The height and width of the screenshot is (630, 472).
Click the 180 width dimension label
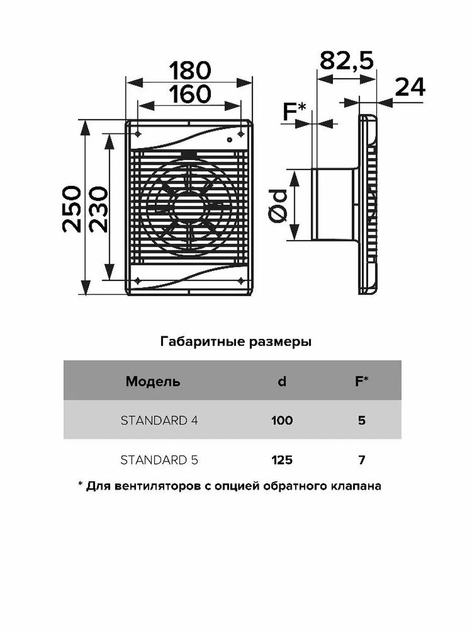(189, 70)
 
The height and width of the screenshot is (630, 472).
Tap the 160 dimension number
(189, 94)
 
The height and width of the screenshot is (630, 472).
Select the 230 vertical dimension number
(97, 208)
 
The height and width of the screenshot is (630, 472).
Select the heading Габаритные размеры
(235, 343)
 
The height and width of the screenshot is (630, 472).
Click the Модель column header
(153, 382)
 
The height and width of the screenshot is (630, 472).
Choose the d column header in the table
(282, 382)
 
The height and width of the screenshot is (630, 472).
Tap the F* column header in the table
(361, 382)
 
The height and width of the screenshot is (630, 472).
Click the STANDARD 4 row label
(159, 421)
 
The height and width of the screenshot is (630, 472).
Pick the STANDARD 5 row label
(159, 460)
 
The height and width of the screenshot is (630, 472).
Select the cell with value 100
(282, 421)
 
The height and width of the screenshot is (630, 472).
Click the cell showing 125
(282, 460)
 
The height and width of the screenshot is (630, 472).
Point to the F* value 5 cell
(361, 421)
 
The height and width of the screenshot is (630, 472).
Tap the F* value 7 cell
(361, 460)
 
